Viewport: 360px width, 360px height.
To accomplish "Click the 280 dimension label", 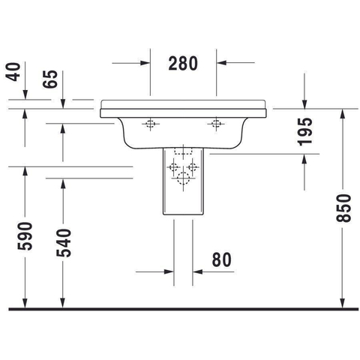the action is [x=183, y=63].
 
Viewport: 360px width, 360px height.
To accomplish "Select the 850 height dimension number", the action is [x=343, y=208].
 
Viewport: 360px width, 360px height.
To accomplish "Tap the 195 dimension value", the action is [x=305, y=132].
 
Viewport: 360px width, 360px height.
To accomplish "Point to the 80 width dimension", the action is [x=222, y=259].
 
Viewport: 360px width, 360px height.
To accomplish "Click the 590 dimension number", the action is [x=25, y=236].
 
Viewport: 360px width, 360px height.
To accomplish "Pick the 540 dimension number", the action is [x=64, y=243].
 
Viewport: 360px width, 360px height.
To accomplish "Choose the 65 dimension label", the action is [x=50, y=79].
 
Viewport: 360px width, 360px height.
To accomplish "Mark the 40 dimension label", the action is [x=13, y=72].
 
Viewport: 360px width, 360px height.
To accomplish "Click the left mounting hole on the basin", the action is [x=150, y=124].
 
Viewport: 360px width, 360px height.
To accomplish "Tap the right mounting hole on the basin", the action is [x=216, y=124].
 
